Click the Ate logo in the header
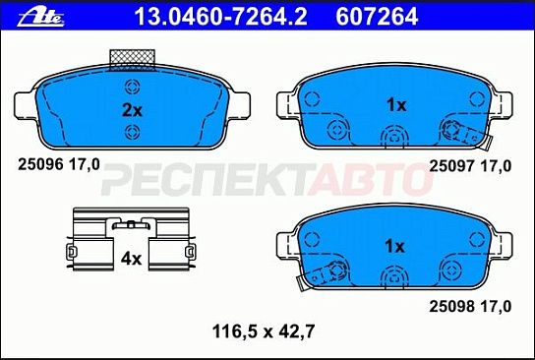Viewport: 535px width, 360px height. [x=40, y=18]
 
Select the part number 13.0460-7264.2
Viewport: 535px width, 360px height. [x=220, y=17]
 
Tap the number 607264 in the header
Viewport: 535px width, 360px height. [x=377, y=17]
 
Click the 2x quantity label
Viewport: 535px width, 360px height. [x=132, y=110]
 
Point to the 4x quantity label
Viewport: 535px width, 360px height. [x=131, y=259]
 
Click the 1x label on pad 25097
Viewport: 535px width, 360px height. [x=396, y=105]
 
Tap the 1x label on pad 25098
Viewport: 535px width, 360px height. [x=394, y=246]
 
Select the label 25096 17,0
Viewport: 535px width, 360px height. [x=59, y=165]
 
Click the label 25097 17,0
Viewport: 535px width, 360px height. [x=470, y=166]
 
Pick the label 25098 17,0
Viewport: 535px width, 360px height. [x=470, y=307]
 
